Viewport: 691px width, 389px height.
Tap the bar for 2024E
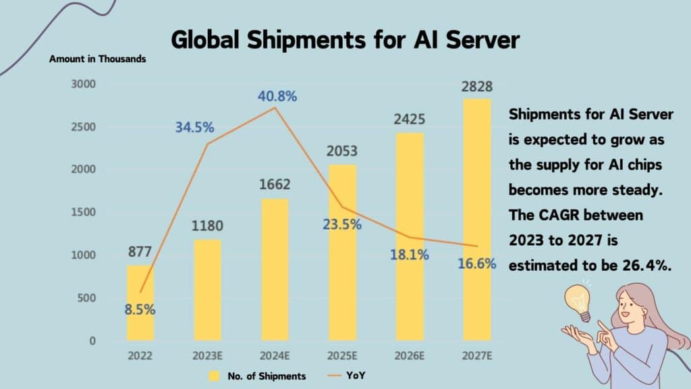click(275, 269)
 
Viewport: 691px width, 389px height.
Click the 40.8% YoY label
click(277, 97)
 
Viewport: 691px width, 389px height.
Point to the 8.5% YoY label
click(140, 311)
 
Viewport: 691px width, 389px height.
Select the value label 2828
click(477, 87)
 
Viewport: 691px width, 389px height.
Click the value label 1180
click(208, 226)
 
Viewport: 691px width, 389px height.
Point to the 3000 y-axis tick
click(83, 84)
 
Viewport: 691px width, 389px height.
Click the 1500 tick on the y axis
click(83, 213)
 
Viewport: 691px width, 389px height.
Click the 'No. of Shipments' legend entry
click(266, 376)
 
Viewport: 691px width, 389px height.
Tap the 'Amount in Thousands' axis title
click(97, 59)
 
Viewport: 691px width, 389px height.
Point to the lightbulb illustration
click(578, 301)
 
